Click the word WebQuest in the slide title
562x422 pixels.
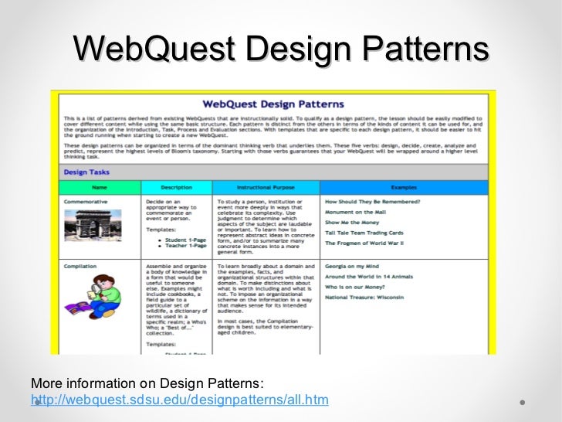151,49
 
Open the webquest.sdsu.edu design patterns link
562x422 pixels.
179,400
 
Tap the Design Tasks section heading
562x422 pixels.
86,173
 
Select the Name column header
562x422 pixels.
100,187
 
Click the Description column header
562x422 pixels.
176,187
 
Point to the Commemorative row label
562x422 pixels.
86,201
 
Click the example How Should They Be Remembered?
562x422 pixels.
372,201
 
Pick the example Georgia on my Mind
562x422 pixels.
349,265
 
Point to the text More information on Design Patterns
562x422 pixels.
147,384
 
